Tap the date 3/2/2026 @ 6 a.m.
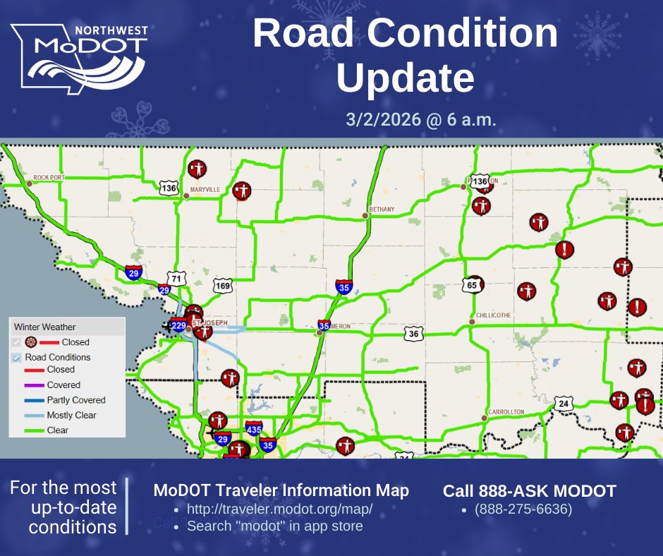[420, 119]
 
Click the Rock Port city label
[49, 177]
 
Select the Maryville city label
[205, 190]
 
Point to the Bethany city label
[382, 210]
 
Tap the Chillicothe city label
[493, 315]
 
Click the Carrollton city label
[506, 411]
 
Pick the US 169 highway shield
[223, 286]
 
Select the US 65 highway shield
[472, 284]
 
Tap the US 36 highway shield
[413, 333]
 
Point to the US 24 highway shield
[563, 404]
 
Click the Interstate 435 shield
[254, 429]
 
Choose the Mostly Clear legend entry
[71, 415]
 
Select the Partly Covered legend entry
[76, 400]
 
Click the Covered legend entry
[63, 385]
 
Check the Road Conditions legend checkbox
[18, 357]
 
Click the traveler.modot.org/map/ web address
[279, 509]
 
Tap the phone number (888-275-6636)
[523, 509]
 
